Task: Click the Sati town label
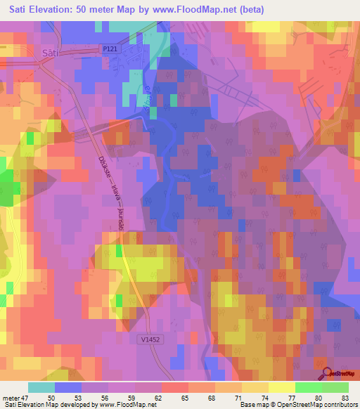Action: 49,53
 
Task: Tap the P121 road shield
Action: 106,49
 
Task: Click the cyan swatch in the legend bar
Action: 41,387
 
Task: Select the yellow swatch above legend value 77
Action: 281,387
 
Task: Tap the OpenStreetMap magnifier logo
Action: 327,375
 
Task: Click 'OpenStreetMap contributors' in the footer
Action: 313,405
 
